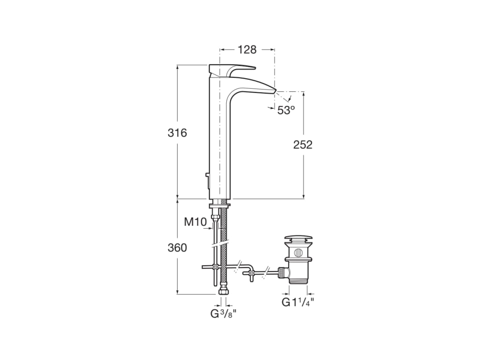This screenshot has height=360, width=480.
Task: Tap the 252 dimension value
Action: coord(303,145)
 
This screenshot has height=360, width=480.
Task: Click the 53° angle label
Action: coord(286,110)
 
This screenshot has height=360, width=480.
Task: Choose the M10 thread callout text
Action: coord(195,222)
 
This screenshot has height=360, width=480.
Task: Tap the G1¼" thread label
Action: coord(297,302)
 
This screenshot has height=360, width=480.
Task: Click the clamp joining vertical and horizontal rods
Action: coord(215,267)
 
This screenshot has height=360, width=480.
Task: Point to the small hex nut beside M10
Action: coord(215,216)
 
